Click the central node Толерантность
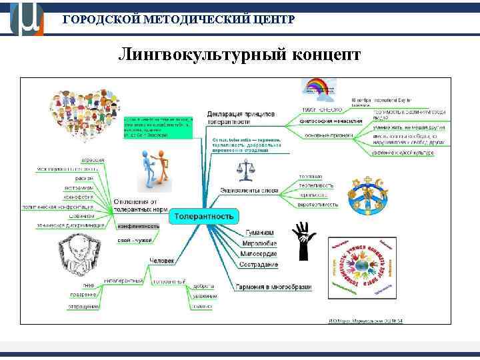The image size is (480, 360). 204,217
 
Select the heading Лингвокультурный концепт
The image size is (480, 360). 239,54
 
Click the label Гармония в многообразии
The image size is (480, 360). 273,287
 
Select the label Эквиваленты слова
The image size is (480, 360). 249,191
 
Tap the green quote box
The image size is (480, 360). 158,123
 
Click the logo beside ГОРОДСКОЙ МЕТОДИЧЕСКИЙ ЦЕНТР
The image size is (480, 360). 27,19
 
